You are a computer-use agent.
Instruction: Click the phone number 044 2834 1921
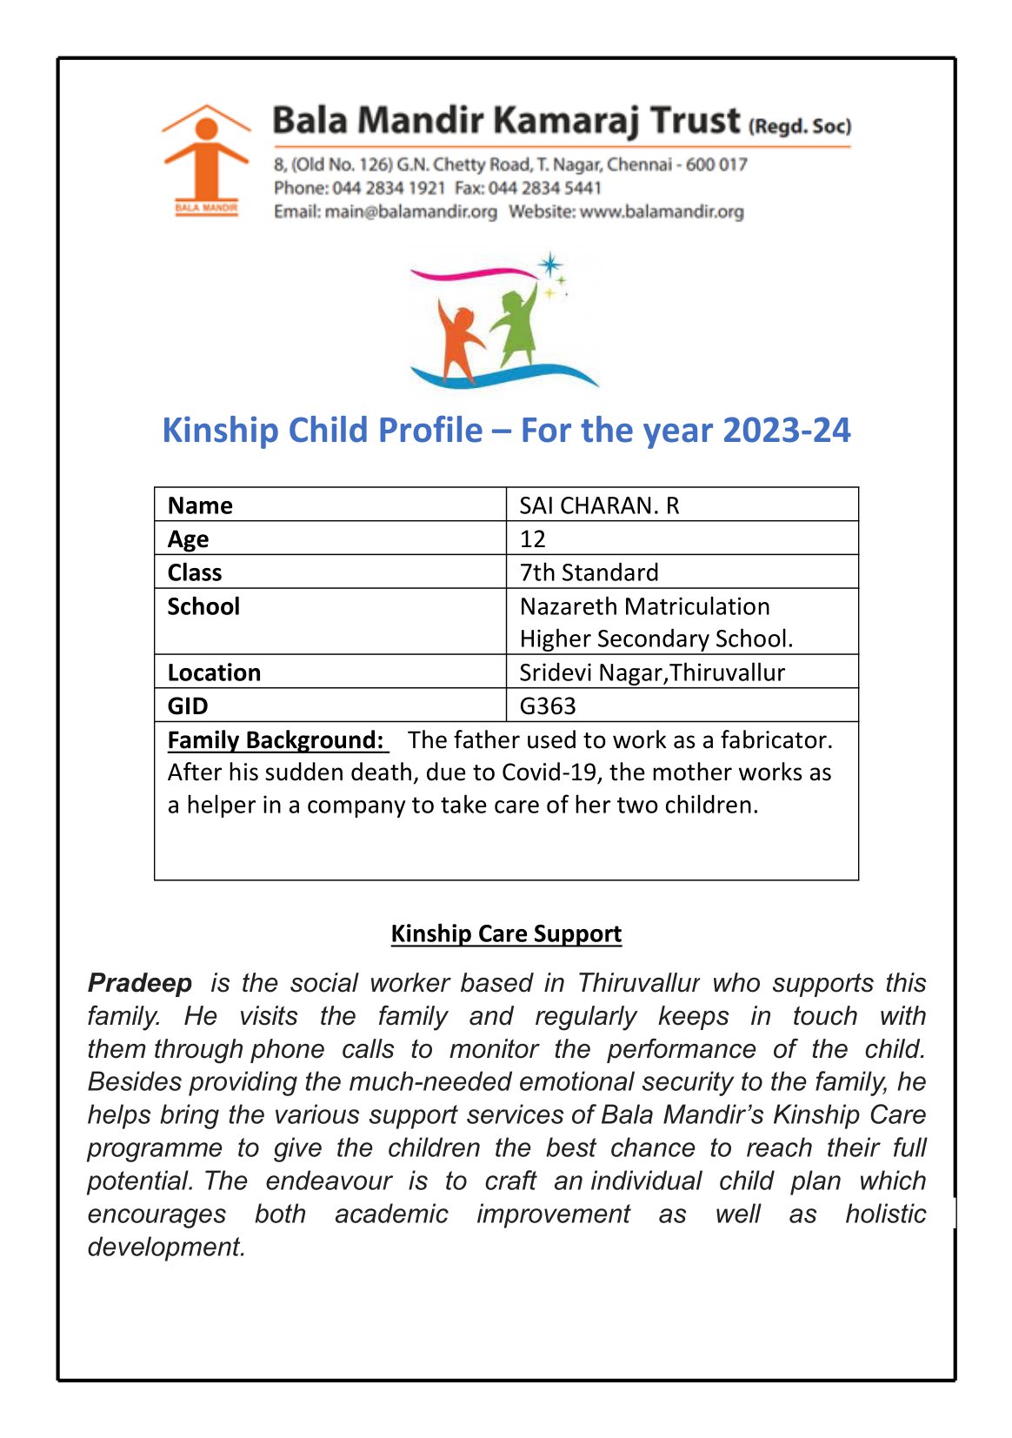389,188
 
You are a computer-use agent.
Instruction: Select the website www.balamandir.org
662,211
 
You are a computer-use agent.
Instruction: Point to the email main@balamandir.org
410,211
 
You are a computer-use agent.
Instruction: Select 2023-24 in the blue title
786,431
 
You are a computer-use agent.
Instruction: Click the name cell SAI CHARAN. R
599,505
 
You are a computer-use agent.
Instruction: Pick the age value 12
532,539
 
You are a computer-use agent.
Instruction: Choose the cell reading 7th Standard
589,572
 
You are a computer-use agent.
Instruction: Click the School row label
203,606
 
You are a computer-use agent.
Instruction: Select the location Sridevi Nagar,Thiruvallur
652,672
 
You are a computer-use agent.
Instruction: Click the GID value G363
548,706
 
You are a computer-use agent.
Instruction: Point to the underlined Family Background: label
276,740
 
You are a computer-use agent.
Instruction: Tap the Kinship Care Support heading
506,933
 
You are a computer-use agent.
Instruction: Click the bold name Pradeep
140,983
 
